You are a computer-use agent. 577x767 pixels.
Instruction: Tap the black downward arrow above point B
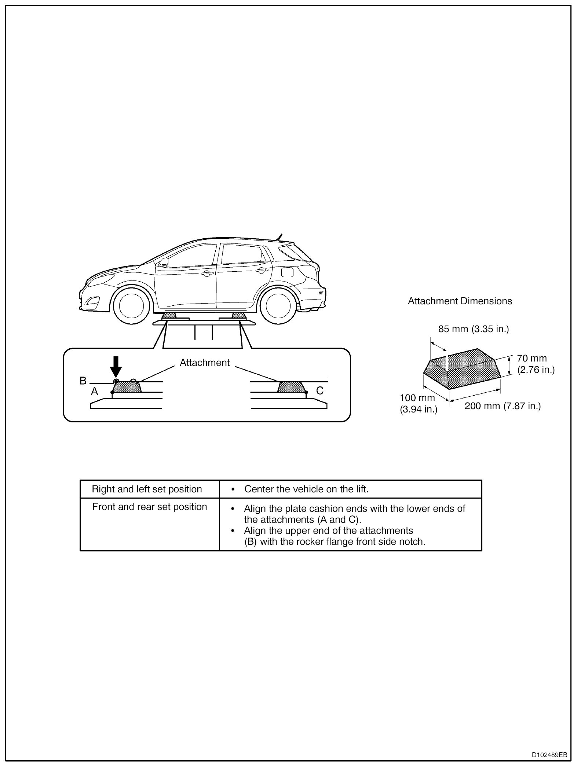pos(116,366)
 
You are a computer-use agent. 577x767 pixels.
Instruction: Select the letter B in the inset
pos(83,381)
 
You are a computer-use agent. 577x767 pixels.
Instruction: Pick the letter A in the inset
pos(95,392)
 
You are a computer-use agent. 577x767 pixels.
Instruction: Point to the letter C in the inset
pos(319,391)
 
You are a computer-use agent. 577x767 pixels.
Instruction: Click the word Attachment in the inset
pos(205,363)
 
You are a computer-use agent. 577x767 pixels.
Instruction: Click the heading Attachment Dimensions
pos(460,301)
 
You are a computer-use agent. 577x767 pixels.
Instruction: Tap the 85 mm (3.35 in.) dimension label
pos(474,329)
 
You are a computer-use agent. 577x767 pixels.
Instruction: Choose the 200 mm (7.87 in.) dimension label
pos(503,406)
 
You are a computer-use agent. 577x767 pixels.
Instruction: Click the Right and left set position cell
pos(147,489)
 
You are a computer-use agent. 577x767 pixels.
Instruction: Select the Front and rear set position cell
pos(149,507)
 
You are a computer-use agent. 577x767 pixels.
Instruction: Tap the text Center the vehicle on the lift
pos(306,489)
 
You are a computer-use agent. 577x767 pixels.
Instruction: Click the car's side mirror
pos(164,261)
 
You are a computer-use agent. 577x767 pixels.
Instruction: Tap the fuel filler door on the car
pos(287,272)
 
